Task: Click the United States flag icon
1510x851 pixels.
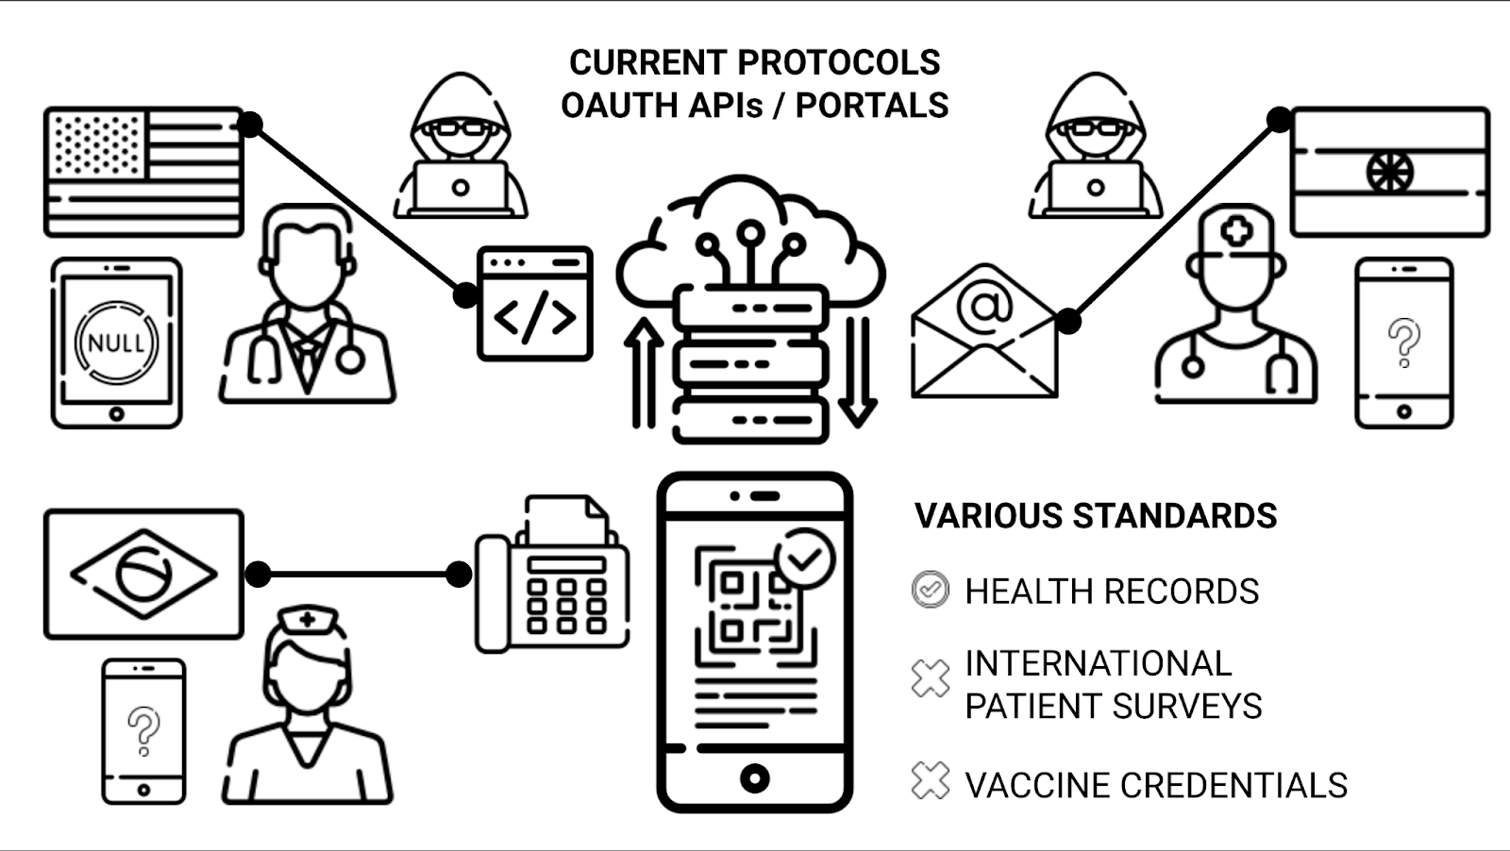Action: (x=143, y=172)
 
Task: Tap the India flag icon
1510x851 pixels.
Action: (x=1389, y=172)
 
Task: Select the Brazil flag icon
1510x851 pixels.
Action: (x=143, y=574)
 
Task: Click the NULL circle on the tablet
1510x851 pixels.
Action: (x=116, y=342)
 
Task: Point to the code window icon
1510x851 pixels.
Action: (x=534, y=304)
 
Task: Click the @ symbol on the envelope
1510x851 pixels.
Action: (x=983, y=306)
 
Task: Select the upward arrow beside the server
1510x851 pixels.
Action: (x=644, y=373)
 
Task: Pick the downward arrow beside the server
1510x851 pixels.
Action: (x=857, y=373)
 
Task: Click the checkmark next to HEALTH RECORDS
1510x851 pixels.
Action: (x=931, y=590)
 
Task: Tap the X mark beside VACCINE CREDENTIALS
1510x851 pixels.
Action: (x=931, y=781)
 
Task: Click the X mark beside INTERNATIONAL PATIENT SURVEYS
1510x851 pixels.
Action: (x=931, y=677)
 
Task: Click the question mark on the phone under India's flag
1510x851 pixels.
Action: (x=1403, y=341)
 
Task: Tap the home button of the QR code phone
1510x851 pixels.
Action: (x=754, y=778)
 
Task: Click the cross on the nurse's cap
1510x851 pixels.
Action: (x=307, y=620)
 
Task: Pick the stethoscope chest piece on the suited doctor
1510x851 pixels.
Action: (x=350, y=359)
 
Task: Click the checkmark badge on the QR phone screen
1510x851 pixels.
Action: (x=804, y=559)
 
